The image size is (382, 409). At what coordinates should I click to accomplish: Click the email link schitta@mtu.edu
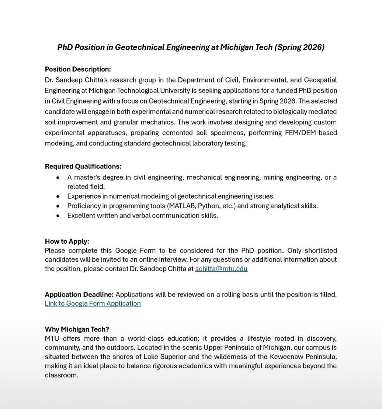[221, 269]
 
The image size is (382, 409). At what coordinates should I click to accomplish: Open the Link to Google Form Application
[93, 303]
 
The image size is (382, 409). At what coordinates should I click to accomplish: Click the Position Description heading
[78, 69]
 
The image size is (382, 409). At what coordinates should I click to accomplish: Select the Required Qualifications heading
[83, 166]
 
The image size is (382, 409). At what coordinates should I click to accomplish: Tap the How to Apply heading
[67, 241]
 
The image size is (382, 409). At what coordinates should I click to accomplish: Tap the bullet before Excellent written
[59, 216]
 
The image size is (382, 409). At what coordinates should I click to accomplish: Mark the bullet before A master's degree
[59, 178]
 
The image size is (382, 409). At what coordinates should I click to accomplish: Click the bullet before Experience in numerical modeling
[59, 196]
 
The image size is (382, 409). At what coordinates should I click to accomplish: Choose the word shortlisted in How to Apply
[320, 251]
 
